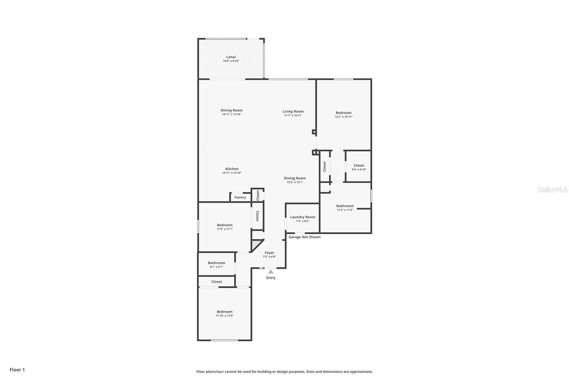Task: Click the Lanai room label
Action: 231,57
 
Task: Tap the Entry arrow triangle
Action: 271,272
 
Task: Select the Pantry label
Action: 240,197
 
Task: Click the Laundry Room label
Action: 303,217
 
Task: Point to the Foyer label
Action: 270,253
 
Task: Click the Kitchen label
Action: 232,169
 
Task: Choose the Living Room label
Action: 293,111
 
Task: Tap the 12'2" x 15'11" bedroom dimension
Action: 344,117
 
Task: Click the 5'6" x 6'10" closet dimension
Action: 359,170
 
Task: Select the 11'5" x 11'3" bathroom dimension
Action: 345,210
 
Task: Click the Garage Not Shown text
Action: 304,237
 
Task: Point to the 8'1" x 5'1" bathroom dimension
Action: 217,267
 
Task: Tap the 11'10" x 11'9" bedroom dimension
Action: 224,316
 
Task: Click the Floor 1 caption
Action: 17,370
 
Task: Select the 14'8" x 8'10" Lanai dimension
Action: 231,61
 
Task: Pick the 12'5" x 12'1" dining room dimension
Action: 295,182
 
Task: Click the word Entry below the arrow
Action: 271,278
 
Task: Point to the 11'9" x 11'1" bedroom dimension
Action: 224,229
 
